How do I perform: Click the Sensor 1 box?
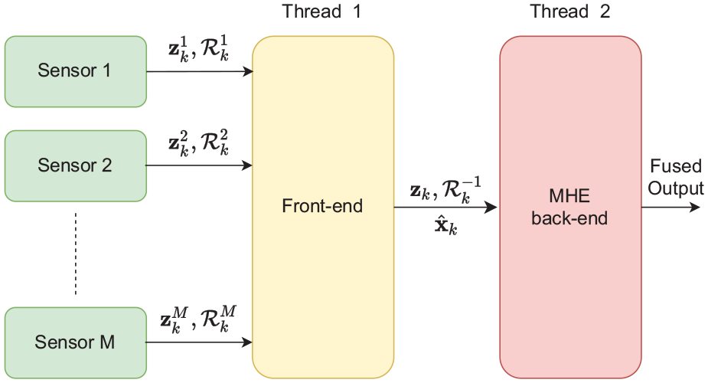tap(76, 71)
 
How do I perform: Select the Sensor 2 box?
tap(76, 165)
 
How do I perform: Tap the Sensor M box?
tap(76, 343)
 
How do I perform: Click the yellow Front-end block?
tap(323, 208)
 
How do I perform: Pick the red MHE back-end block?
tap(570, 208)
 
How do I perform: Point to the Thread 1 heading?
tap(321, 11)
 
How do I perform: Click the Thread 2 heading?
tap(569, 11)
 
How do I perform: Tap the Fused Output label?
tap(676, 177)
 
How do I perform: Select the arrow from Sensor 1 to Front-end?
tap(200, 71)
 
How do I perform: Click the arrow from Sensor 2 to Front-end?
tap(199, 165)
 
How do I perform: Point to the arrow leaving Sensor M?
tap(199, 342)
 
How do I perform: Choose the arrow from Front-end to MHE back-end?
tap(446, 208)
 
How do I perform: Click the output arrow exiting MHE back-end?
tap(670, 208)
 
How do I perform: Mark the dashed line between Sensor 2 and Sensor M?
tap(76, 254)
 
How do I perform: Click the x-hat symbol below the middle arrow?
tap(445, 225)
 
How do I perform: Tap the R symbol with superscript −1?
tap(462, 190)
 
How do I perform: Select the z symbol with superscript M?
tap(174, 319)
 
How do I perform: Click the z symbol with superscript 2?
tap(178, 142)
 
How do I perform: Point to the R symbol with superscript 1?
tap(215, 49)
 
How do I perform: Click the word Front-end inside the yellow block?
tap(322, 206)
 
